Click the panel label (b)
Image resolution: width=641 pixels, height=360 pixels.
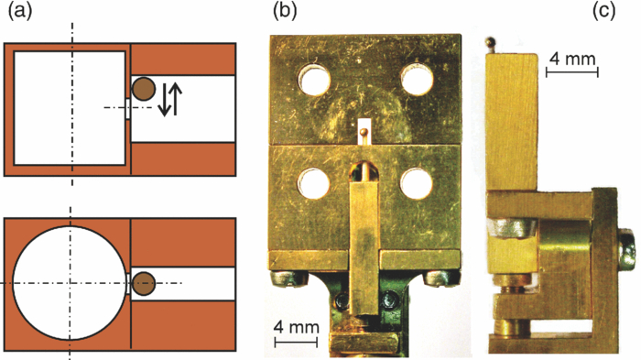pyautogui.click(x=280, y=13)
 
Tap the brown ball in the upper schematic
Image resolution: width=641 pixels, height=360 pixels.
pyautogui.click(x=144, y=89)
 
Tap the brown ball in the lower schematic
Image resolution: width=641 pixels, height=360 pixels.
pyautogui.click(x=144, y=283)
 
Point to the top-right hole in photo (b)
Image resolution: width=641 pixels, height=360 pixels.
pyautogui.click(x=417, y=80)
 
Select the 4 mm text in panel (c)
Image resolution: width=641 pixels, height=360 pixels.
pyautogui.click(x=571, y=59)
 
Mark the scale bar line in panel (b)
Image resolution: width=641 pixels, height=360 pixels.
pyautogui.click(x=296, y=342)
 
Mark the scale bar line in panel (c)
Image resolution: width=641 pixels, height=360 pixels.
pyautogui.click(x=571, y=71)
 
